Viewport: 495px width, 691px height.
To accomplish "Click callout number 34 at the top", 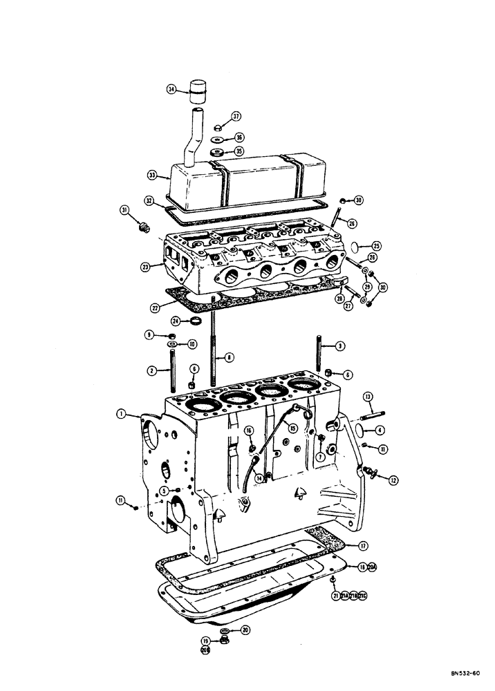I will (171, 89).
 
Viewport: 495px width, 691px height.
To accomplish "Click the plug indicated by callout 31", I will (144, 227).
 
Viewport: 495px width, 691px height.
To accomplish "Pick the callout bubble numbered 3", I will (339, 345).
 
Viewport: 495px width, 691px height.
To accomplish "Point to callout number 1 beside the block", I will (122, 414).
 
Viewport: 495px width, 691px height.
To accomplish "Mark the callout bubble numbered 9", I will (149, 335).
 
